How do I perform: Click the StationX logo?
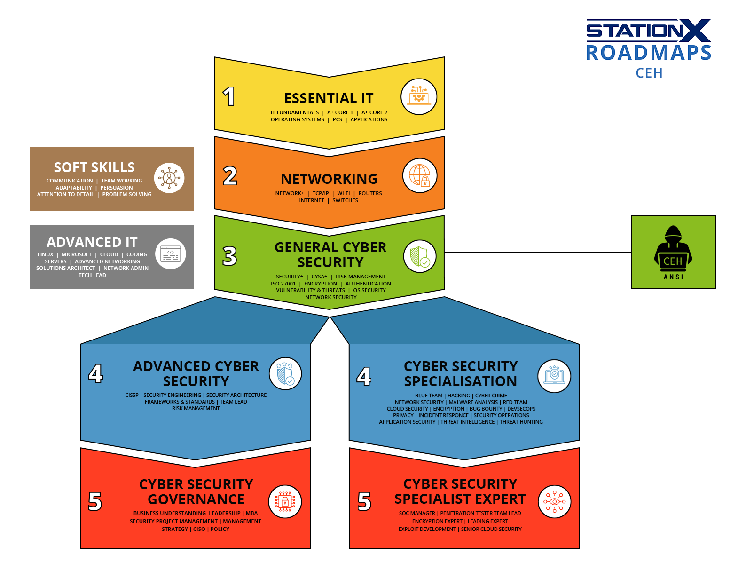[648, 31]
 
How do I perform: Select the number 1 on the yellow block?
[229, 96]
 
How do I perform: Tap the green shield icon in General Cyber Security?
[420, 256]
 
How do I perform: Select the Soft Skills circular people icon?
[169, 178]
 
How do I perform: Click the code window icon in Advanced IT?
[170, 253]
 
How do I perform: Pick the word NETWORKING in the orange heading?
[329, 179]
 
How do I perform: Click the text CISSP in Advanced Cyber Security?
[132, 395]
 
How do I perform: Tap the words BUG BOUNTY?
[486, 409]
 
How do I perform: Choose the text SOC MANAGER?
[416, 513]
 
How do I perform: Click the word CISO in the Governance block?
[199, 529]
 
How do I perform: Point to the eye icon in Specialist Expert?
[554, 501]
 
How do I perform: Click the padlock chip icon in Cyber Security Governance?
[285, 501]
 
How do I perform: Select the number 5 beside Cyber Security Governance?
[95, 501]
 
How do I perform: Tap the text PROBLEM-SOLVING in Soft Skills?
[127, 194]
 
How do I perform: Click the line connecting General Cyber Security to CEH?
[538, 252]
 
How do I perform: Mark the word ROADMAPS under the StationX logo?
[648, 53]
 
